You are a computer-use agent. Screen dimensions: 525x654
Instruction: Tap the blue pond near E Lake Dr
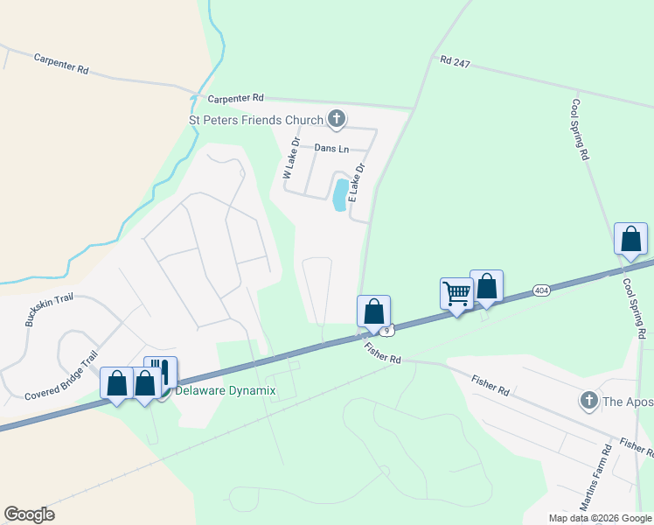338,194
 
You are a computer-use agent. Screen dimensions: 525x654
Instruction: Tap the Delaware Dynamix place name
226,390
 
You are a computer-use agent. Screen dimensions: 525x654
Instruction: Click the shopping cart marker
456,294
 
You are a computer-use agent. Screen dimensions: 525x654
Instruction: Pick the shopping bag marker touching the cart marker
486,286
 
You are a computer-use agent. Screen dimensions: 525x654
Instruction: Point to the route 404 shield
541,290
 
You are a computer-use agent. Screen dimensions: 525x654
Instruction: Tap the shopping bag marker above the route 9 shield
373,311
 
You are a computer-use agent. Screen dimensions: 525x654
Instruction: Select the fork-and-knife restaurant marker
161,372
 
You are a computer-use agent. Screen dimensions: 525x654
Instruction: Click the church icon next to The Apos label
588,402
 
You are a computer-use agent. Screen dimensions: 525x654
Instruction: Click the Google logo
29,514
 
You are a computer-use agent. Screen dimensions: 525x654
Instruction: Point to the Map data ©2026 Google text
600,518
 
